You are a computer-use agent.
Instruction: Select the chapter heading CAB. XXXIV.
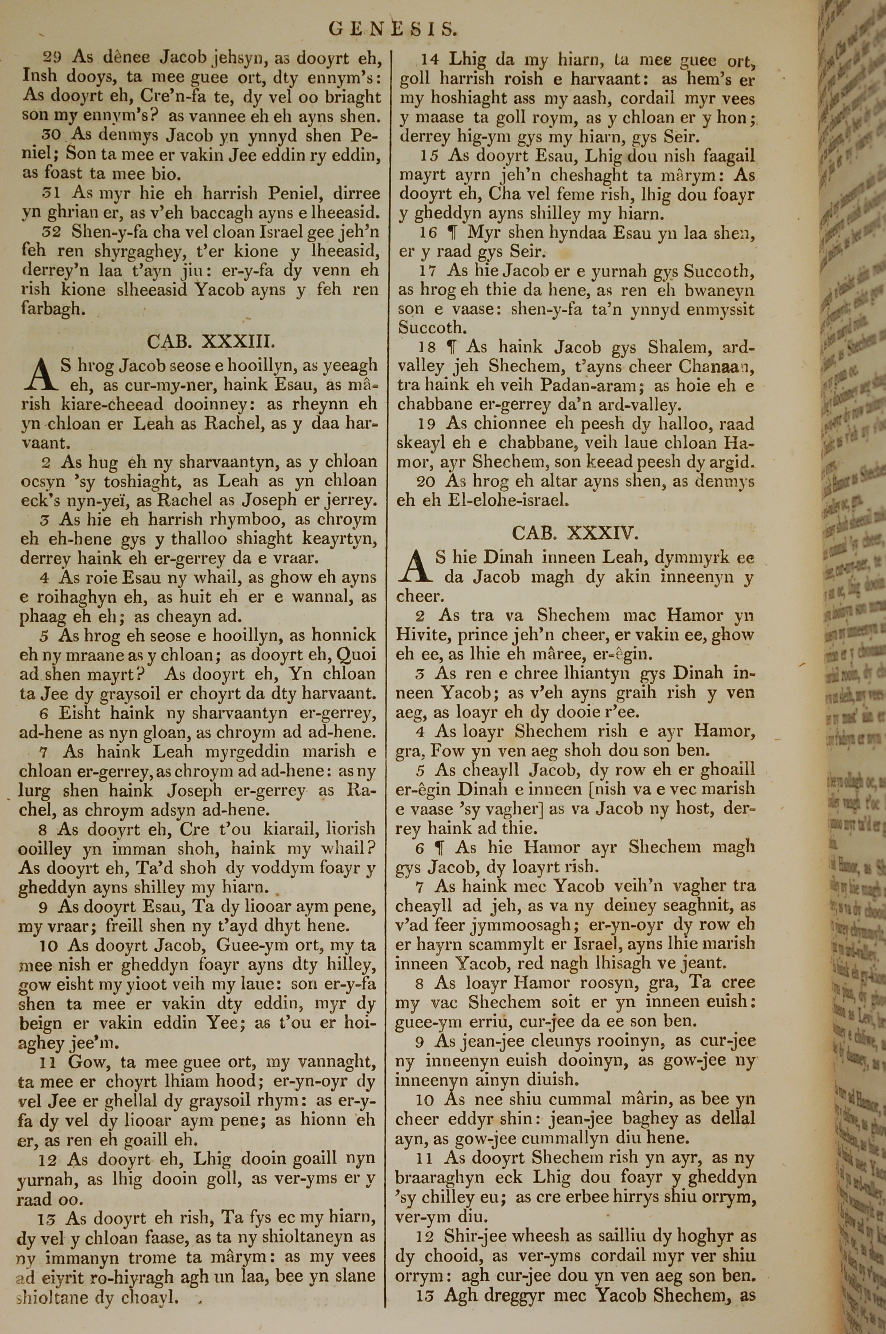point(575,533)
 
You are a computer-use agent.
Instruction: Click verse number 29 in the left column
point(52,57)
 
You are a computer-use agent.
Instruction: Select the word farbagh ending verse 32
point(53,309)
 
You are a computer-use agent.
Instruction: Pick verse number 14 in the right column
point(431,59)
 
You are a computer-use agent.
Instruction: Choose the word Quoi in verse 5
point(356,655)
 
